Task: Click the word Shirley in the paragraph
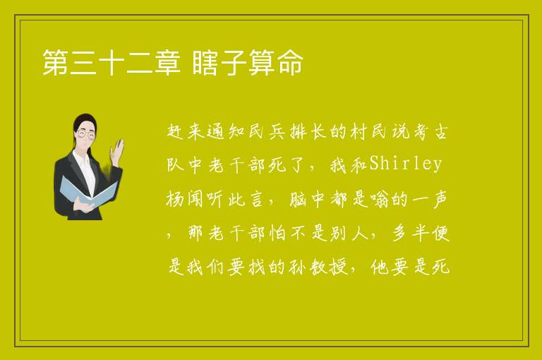tap(406, 164)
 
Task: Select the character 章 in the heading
tap(167, 62)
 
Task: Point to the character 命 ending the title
tap(290, 62)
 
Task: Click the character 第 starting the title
tap(55, 62)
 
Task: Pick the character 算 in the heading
tap(262, 62)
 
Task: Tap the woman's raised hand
tap(117, 150)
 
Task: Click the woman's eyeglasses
tap(85, 134)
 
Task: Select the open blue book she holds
tap(88, 192)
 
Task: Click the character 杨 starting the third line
tap(175, 199)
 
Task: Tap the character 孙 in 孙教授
tap(297, 267)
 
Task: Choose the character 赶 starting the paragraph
tap(176, 131)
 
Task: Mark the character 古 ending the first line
tap(440, 131)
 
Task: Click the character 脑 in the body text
tap(298, 199)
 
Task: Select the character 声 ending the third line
tap(440, 199)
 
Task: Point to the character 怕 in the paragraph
tap(277, 233)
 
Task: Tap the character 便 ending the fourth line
tap(440, 233)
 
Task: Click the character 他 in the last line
tap(380, 267)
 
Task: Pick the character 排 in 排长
tap(298, 131)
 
